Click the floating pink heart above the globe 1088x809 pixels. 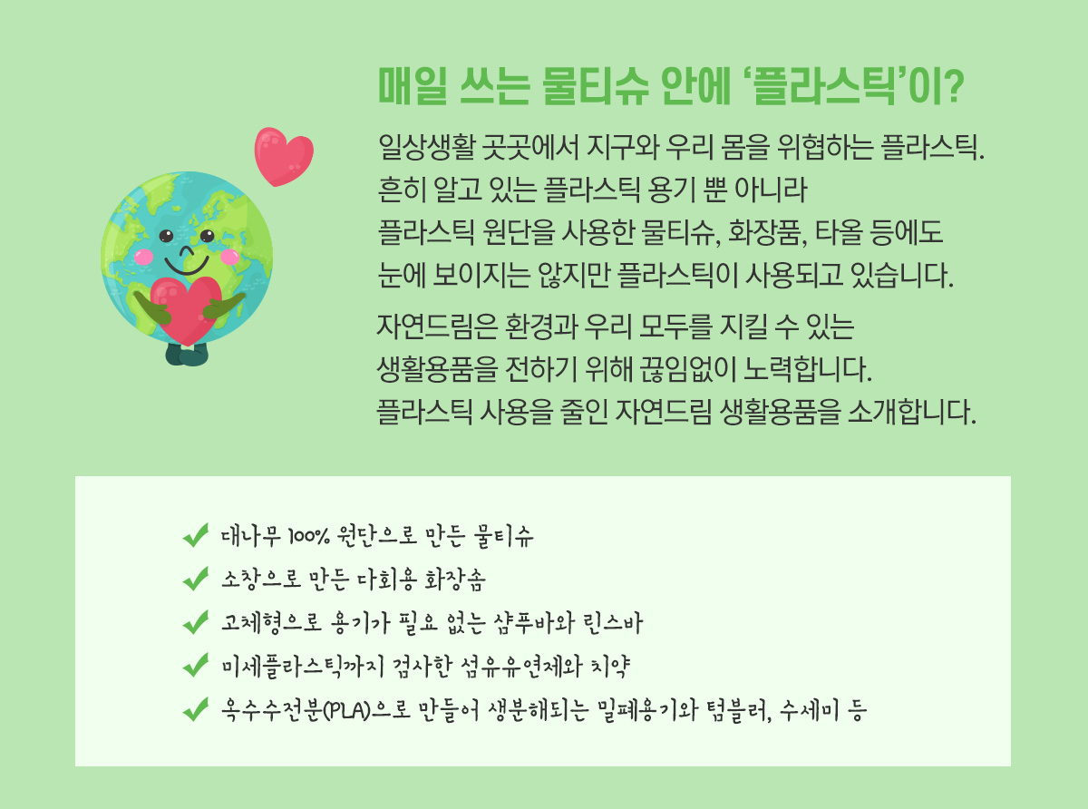[x=284, y=156]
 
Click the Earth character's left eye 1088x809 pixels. [x=166, y=236]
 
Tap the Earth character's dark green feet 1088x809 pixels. [x=187, y=355]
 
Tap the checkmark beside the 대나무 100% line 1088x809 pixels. [x=195, y=534]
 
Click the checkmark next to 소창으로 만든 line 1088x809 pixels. [x=195, y=579]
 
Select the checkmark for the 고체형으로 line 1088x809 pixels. [x=195, y=622]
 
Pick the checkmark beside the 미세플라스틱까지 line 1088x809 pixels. [x=195, y=665]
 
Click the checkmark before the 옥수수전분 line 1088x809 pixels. [x=195, y=709]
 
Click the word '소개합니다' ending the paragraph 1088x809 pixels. [x=912, y=413]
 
